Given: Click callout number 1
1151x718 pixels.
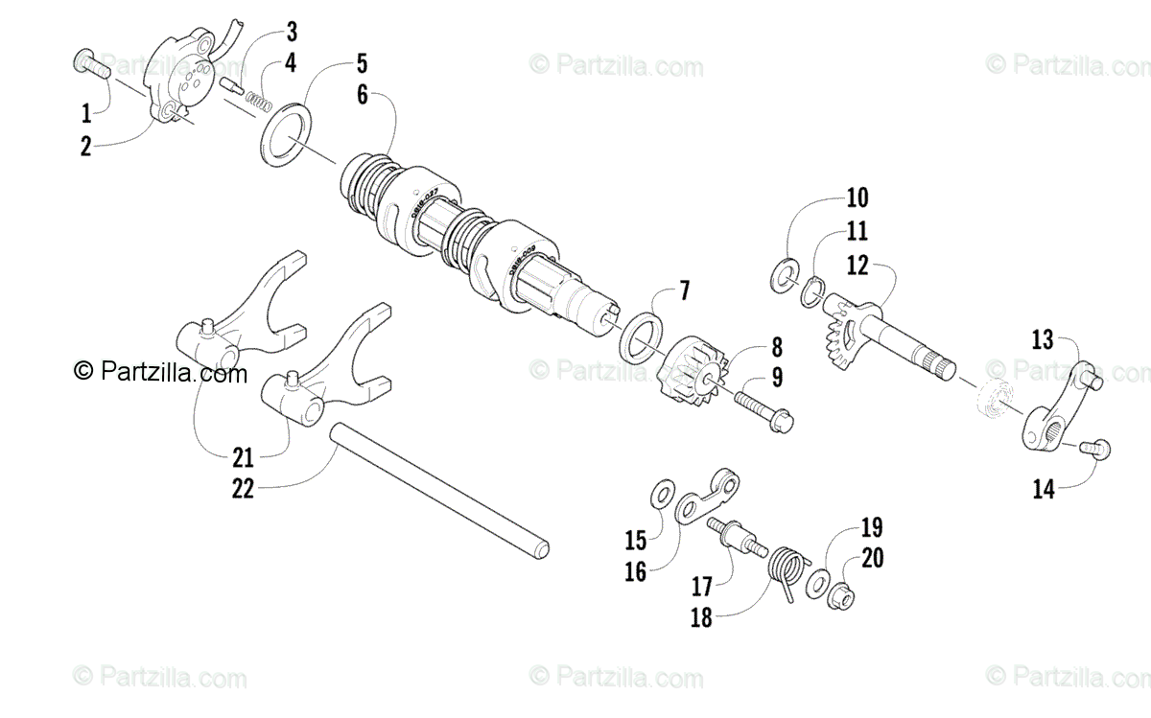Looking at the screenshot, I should (x=86, y=113).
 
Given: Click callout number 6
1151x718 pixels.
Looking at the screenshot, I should (x=361, y=96).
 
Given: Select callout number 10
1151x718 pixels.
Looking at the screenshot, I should (x=857, y=198).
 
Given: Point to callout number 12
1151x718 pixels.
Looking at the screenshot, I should (x=857, y=266).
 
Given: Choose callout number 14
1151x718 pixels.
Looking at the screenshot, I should (x=1044, y=490).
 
